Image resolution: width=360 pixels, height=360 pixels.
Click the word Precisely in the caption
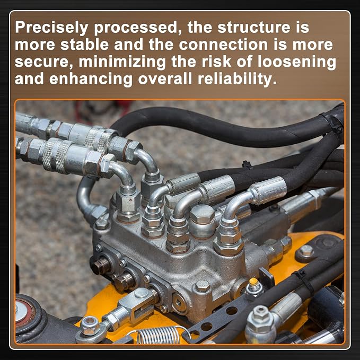click(51, 28)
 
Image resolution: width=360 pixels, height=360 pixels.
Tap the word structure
click(254, 28)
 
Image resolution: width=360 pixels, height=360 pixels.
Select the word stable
click(84, 45)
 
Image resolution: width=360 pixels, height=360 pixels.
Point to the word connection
click(223, 45)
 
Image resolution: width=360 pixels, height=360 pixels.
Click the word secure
click(44, 62)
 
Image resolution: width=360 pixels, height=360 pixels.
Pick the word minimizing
click(122, 62)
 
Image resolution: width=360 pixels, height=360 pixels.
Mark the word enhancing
click(91, 79)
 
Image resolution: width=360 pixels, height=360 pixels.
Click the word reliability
click(237, 79)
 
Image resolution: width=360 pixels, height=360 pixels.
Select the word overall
click(165, 79)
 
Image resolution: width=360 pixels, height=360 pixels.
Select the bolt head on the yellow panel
click(305, 252)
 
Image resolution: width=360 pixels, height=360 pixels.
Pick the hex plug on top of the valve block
click(202, 214)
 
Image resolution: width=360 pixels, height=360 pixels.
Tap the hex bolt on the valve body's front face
click(203, 286)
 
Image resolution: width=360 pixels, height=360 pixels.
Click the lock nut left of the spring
click(90, 326)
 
